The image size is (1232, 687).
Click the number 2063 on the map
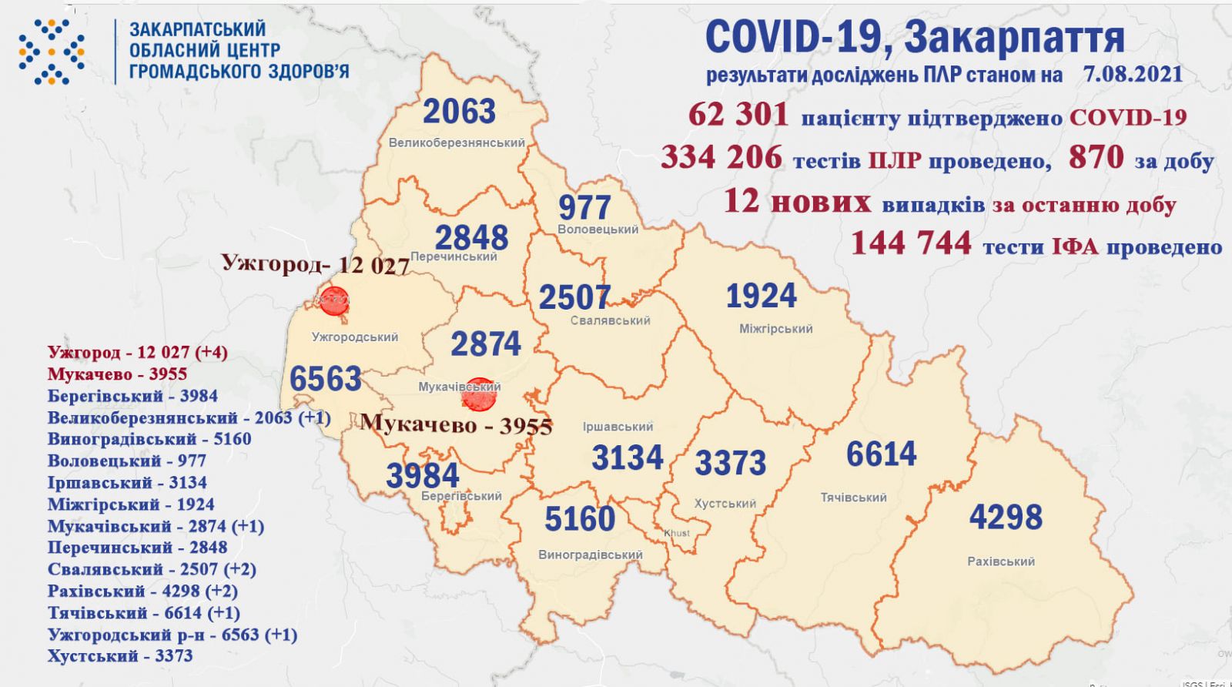pyautogui.click(x=459, y=112)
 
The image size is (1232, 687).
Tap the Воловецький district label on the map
pyautogui.click(x=598, y=230)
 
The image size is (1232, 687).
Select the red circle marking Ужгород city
pyautogui.click(x=334, y=300)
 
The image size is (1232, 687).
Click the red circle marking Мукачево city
pyautogui.click(x=480, y=394)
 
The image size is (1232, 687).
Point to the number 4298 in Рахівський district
pyautogui.click(x=1005, y=517)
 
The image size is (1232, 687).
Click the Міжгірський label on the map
pyautogui.click(x=775, y=329)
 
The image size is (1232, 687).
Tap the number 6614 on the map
pyautogui.click(x=881, y=454)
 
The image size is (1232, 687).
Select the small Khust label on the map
pyautogui.click(x=677, y=533)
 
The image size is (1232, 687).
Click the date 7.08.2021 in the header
pyautogui.click(x=1132, y=75)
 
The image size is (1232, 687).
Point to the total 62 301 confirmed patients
pyautogui.click(x=738, y=116)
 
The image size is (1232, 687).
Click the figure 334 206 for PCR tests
pyautogui.click(x=721, y=158)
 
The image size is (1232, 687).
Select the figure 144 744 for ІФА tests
pyautogui.click(x=911, y=244)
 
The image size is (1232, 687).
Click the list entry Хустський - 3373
pyautogui.click(x=119, y=656)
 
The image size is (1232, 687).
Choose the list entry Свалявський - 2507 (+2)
pyautogui.click(x=151, y=569)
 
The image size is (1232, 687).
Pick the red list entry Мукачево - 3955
pyautogui.click(x=117, y=374)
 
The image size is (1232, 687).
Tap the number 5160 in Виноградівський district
pyautogui.click(x=579, y=520)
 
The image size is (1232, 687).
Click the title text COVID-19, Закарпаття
pyautogui.click(x=914, y=37)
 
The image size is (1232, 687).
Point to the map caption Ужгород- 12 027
pyautogui.click(x=315, y=264)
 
